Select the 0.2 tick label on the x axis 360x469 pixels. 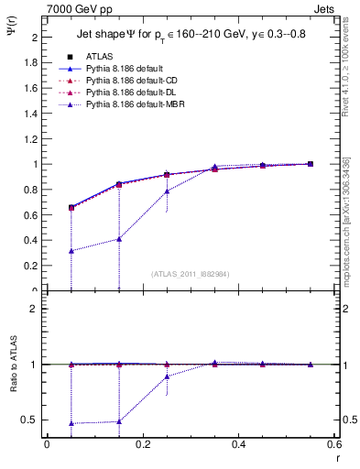coord(142,444)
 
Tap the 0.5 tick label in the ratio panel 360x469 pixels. coord(32,420)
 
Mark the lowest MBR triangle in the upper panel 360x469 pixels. coord(71,251)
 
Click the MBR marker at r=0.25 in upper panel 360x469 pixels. coord(167,191)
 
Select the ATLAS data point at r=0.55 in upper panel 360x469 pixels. coord(310,164)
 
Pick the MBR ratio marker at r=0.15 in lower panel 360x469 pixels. coord(118,421)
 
